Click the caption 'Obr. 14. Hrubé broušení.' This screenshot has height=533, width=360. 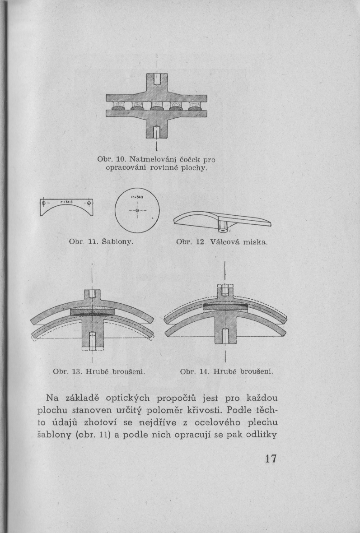pyautogui.click(x=227, y=372)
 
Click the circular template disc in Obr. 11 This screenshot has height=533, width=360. pyautogui.click(x=137, y=210)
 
